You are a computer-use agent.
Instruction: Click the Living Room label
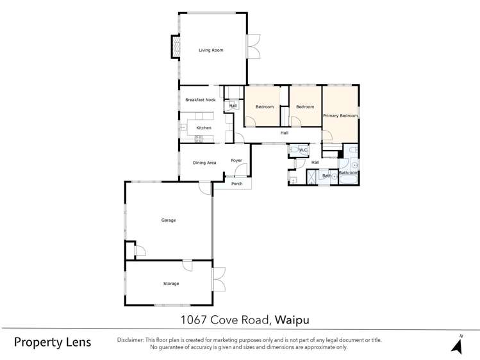coord(210,50)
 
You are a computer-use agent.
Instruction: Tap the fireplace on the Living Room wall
coord(174,45)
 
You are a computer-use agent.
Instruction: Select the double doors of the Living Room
coord(254,46)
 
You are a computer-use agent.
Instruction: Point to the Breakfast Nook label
coord(200,100)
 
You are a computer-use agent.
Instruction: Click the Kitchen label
coord(203,128)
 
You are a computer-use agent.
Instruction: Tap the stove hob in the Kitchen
coord(183,127)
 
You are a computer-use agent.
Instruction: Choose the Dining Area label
coord(204,163)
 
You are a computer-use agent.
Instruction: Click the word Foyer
coord(236,160)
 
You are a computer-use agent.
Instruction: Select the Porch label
coord(237,184)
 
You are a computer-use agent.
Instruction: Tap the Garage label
coord(168,220)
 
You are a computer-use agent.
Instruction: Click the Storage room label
coord(170,283)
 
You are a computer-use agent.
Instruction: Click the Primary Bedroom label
coord(340,115)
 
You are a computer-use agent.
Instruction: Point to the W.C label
coord(304,151)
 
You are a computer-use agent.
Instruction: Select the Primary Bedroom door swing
coord(327,136)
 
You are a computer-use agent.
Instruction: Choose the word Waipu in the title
coord(295,319)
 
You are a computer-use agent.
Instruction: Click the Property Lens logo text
coord(53,341)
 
